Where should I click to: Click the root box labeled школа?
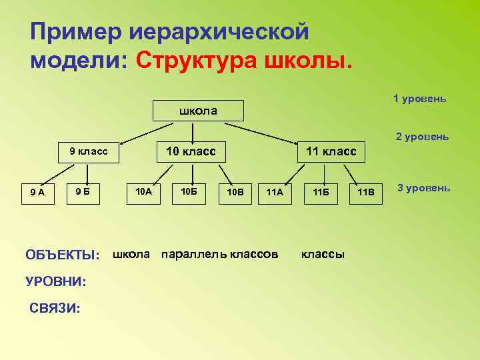tap(198, 110)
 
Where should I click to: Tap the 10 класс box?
tap(190, 151)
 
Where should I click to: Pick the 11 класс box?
tap(330, 151)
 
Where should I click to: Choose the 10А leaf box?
tap(143, 191)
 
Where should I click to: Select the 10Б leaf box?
tap(189, 191)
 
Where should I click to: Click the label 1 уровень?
tap(419, 99)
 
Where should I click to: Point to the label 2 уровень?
tap(422, 137)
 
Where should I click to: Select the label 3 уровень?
tap(424, 188)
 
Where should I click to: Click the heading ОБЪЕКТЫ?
tap(62, 255)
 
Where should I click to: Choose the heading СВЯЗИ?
tap(55, 308)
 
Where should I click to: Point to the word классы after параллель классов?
tap(323, 254)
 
